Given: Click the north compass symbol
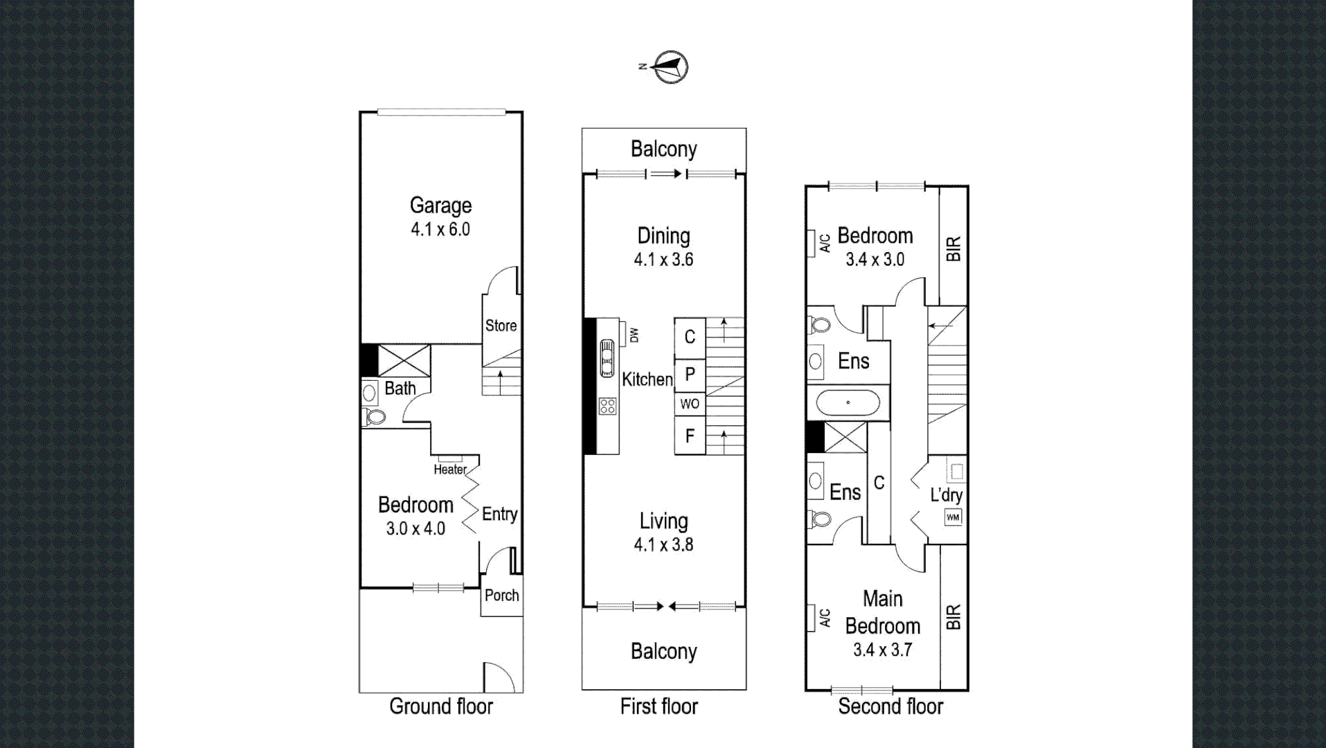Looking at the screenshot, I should pyautogui.click(x=670, y=67).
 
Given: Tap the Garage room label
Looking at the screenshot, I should pyautogui.click(x=440, y=205).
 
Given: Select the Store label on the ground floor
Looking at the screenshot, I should pyautogui.click(x=501, y=326).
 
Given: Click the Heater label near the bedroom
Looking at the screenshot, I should pyautogui.click(x=450, y=470).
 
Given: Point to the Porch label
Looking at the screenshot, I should pyautogui.click(x=501, y=595).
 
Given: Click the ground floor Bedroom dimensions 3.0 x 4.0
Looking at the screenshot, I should pyautogui.click(x=415, y=528).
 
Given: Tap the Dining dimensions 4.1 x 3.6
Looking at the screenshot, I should pyautogui.click(x=663, y=260).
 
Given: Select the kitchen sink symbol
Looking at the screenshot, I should pyautogui.click(x=607, y=358).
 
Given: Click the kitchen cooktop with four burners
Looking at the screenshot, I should pyautogui.click(x=607, y=406).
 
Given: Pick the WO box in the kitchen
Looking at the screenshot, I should pyautogui.click(x=690, y=404).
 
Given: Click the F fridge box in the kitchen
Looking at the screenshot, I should pyautogui.click(x=690, y=436).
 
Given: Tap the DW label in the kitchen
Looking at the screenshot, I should pyautogui.click(x=634, y=335).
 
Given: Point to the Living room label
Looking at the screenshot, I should pyautogui.click(x=663, y=521).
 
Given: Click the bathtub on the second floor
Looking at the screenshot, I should pyautogui.click(x=848, y=402).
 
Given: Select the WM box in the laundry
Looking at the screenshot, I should pyautogui.click(x=953, y=517).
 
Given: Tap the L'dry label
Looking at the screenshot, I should pyautogui.click(x=946, y=495).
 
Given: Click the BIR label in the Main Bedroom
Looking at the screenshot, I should pyautogui.click(x=953, y=616).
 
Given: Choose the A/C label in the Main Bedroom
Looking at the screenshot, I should pyautogui.click(x=825, y=618).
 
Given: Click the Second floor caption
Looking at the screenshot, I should pyautogui.click(x=890, y=706).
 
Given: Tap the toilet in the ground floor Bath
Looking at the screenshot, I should pyautogui.click(x=375, y=417).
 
